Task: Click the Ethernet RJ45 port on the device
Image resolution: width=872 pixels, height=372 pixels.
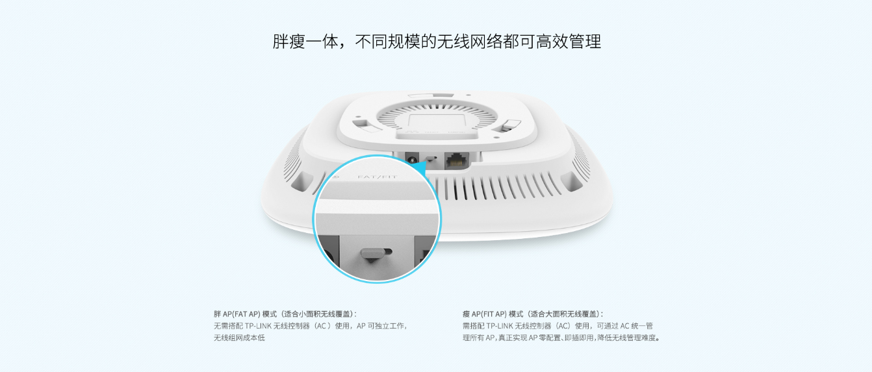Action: click(457, 160)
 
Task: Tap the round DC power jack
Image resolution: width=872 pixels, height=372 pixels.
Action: click(411, 158)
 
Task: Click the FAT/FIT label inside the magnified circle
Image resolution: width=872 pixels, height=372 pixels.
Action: click(377, 177)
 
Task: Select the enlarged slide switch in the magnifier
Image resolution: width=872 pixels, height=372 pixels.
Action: click(376, 254)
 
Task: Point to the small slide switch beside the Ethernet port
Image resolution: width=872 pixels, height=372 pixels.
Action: click(431, 159)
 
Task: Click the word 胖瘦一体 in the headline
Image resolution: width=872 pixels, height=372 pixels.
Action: click(305, 42)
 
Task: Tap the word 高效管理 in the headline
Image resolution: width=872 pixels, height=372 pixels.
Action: click(569, 42)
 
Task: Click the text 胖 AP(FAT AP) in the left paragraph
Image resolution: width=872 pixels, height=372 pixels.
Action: click(237, 314)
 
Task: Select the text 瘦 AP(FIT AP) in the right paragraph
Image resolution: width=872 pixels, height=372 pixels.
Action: click(485, 314)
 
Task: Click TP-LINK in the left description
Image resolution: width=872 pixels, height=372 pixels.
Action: click(258, 326)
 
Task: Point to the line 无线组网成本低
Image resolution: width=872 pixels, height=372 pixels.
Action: click(239, 338)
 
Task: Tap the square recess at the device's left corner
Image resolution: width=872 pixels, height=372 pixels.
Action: click(301, 181)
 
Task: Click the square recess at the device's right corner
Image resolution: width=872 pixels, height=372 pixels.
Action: click(571, 181)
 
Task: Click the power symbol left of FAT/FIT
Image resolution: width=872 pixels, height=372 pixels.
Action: click(336, 177)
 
